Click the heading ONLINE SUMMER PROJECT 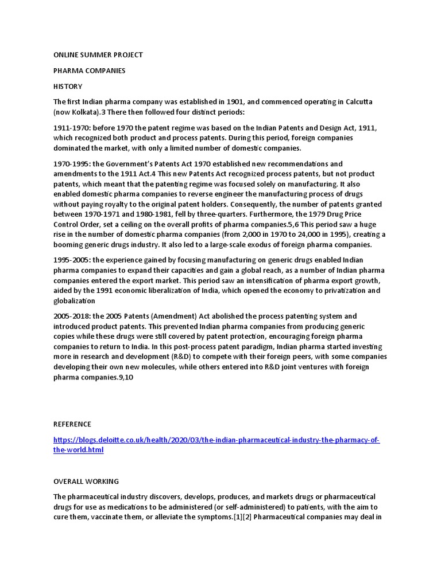click(98, 55)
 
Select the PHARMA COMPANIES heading click(89, 71)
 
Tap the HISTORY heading click(68, 87)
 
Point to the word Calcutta click(359, 102)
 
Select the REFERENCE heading click(72, 424)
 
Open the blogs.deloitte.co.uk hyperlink click(216, 440)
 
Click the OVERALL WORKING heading click(86, 481)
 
